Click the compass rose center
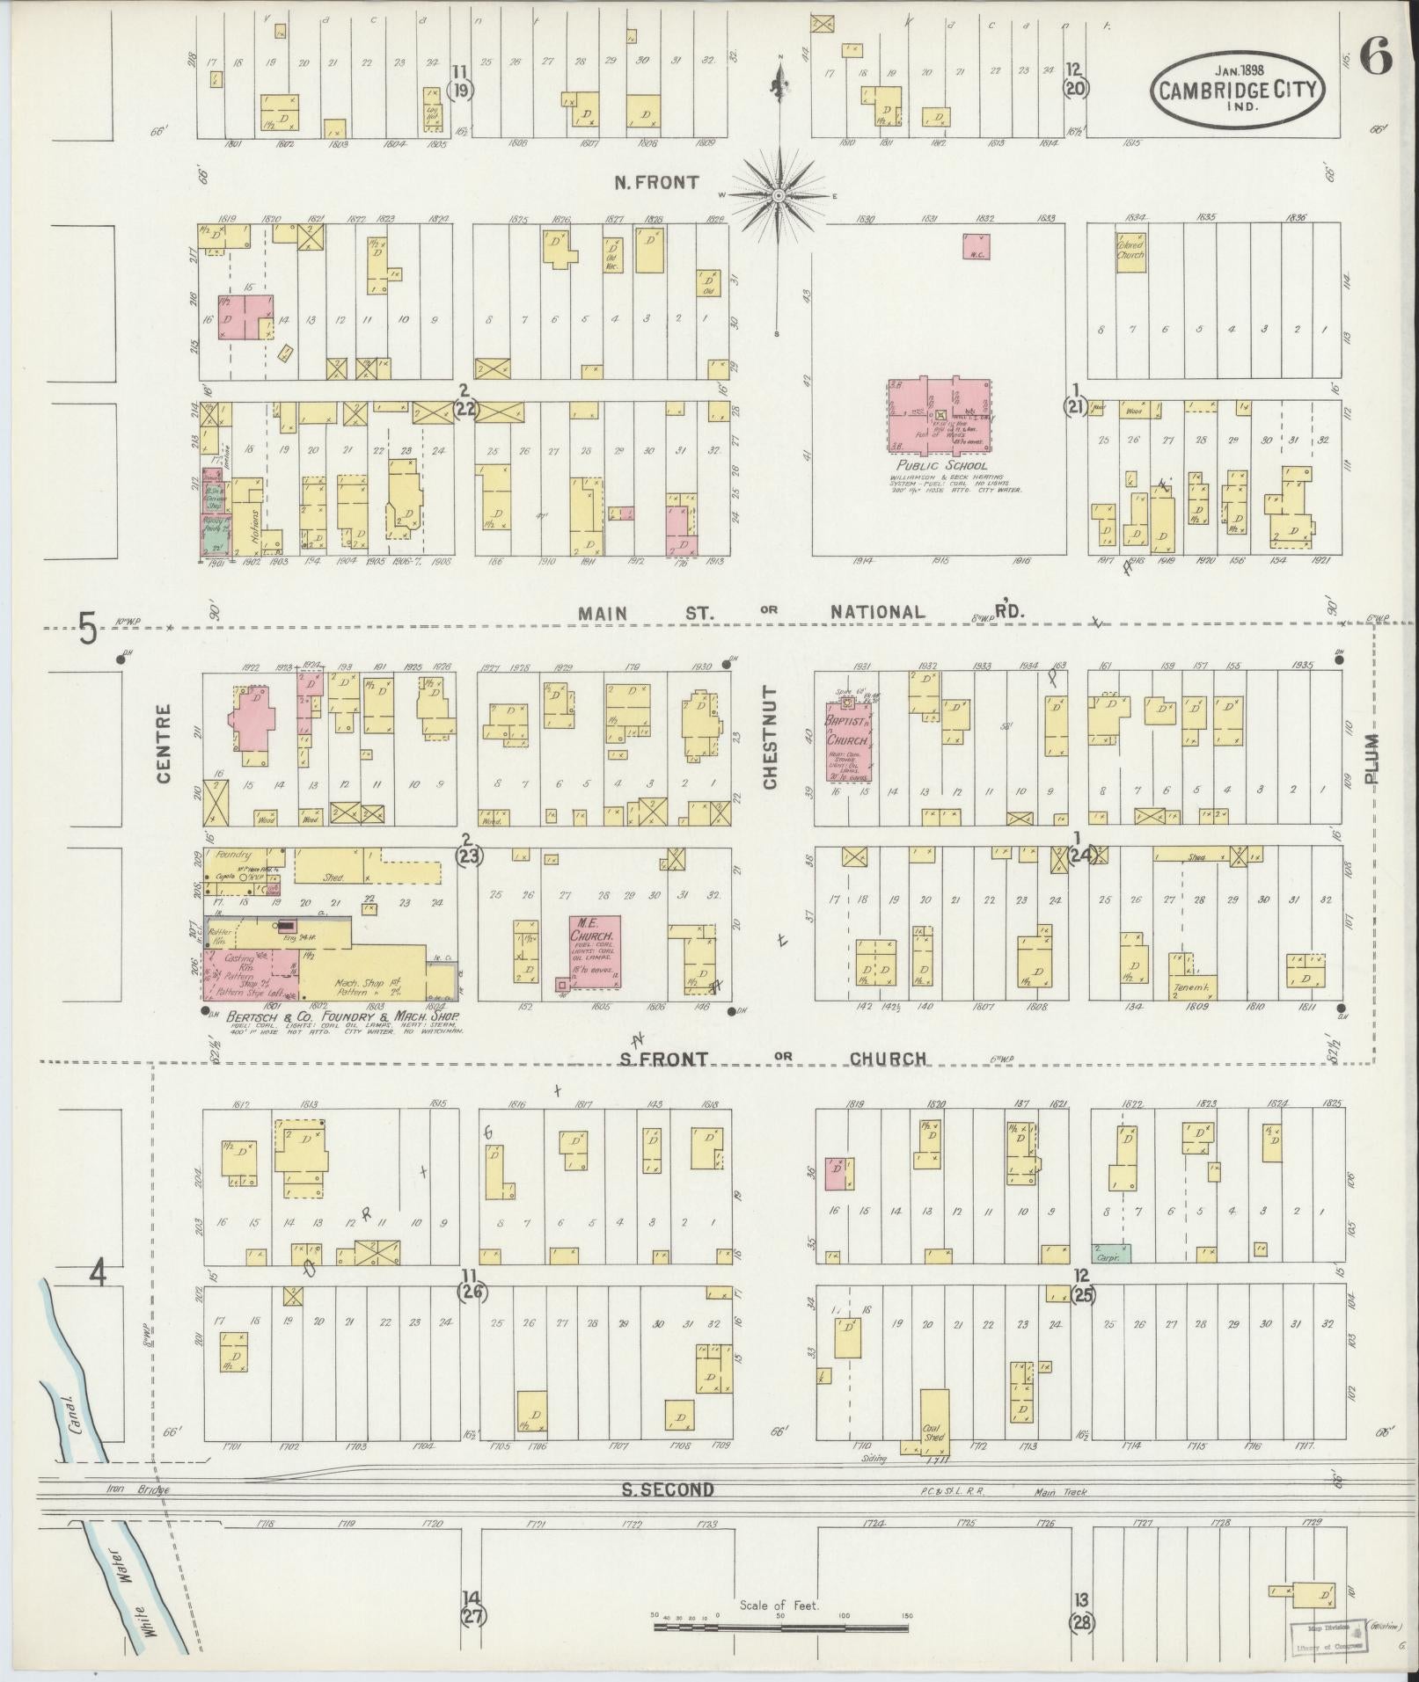click(779, 194)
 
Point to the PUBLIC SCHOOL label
click(941, 466)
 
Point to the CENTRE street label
click(165, 742)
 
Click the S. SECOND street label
click(668, 1489)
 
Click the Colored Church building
click(1131, 251)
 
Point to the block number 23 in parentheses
click(467, 855)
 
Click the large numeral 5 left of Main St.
click(86, 630)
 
